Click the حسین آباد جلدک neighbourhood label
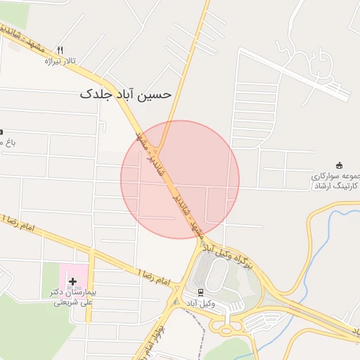125,93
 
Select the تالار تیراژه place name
59,62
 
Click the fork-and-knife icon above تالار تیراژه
60,50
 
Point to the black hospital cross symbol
72,281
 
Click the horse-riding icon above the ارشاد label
340,165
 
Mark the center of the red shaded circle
180,179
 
